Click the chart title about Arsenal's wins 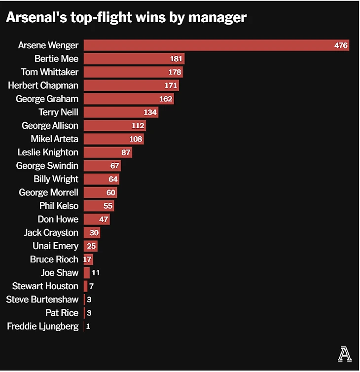(x=126, y=18)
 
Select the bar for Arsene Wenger (x=207, y=45)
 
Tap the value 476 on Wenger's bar (x=341, y=45)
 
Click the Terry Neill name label (x=58, y=112)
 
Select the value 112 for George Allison (x=138, y=125)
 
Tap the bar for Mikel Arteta (x=106, y=139)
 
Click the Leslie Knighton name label (x=48, y=152)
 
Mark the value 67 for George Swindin (x=114, y=165)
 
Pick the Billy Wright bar (x=96, y=179)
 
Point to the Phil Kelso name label (x=59, y=206)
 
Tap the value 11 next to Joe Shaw (x=96, y=272)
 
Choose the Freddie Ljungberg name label (x=42, y=326)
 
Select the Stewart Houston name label (x=45, y=286)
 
